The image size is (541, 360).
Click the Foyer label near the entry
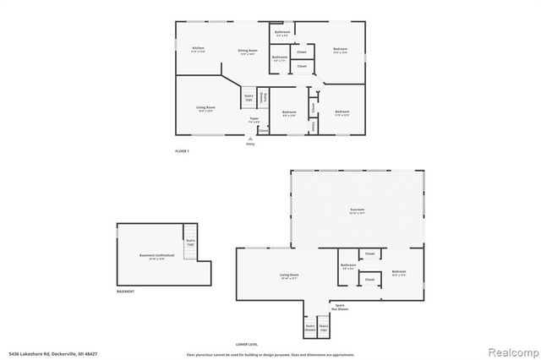(x=254, y=120)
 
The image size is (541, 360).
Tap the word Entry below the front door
(x=250, y=145)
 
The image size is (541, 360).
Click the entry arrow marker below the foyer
(x=250, y=139)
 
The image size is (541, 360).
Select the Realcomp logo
(x=511, y=350)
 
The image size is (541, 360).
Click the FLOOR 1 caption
(x=182, y=150)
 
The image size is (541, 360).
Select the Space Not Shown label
(x=340, y=306)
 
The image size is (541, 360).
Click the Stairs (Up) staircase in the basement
(x=190, y=242)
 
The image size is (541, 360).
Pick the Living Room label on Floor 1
(x=206, y=107)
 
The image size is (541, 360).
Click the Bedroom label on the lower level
(x=399, y=273)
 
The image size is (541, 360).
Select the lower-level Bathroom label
(x=348, y=266)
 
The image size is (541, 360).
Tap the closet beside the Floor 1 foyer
(x=263, y=131)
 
